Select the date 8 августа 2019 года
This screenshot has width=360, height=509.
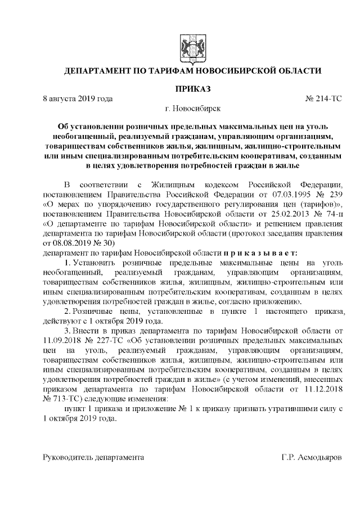(x=78, y=98)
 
